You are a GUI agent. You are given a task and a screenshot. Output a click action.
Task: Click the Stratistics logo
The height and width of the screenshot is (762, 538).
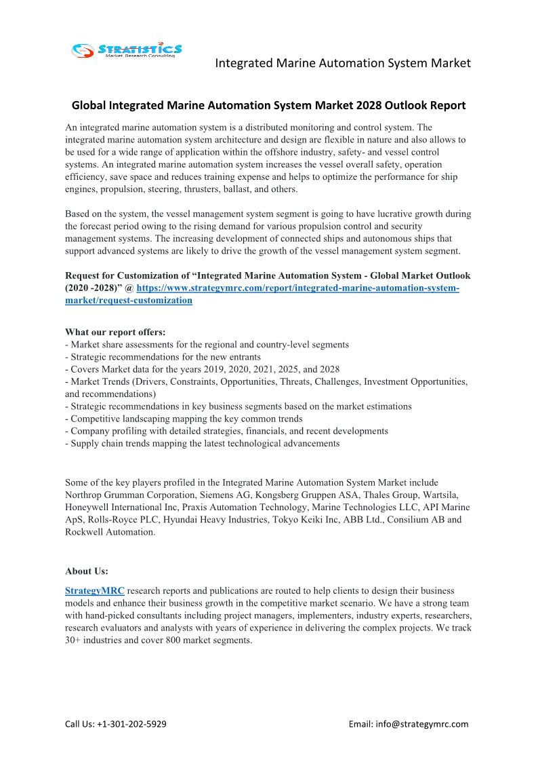pos(127,50)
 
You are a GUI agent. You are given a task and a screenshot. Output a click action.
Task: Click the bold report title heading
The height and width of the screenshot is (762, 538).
pos(268,105)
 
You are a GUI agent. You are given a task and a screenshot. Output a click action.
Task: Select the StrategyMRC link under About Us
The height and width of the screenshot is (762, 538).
pos(94,591)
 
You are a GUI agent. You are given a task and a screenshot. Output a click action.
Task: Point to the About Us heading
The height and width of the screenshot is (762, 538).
pos(86,571)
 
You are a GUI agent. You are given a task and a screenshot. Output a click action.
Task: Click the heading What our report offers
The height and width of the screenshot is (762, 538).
pos(115,332)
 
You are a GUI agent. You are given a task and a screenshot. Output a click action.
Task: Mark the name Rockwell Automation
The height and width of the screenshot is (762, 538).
pos(110,532)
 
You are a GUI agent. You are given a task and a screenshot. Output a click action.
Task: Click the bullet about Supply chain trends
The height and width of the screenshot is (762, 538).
pos(202,444)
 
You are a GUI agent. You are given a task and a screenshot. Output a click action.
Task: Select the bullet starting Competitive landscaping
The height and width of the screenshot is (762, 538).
pos(184,419)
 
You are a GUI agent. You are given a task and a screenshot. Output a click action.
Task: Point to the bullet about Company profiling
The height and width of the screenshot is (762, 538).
pos(226,431)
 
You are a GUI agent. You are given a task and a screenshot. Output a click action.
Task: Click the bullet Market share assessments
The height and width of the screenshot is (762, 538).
pos(207,345)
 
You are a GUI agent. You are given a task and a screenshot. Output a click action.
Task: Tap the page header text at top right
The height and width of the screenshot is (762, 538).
pos(342,63)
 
